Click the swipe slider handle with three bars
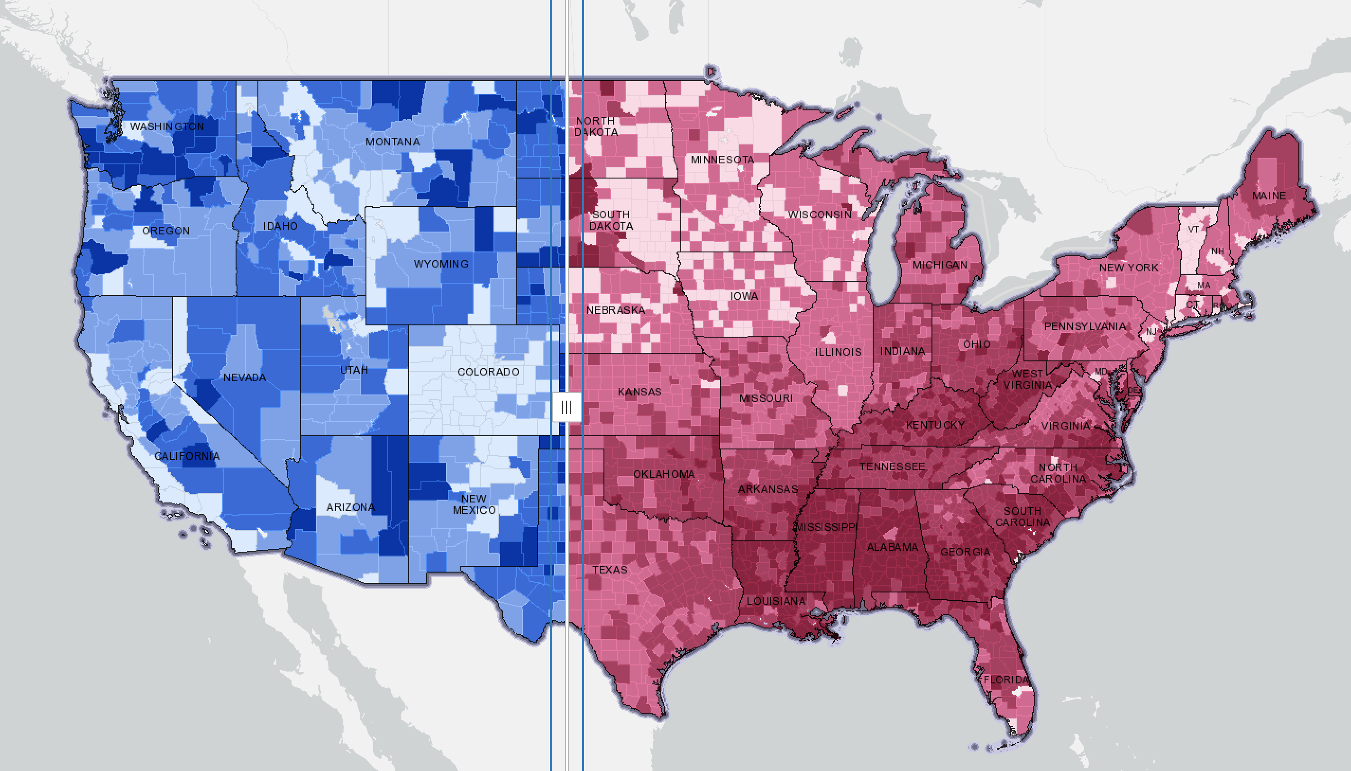click(566, 407)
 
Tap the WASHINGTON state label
click(167, 126)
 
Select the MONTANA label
click(393, 142)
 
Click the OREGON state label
click(166, 231)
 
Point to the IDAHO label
click(280, 226)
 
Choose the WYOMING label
click(441, 264)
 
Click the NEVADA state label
click(244, 377)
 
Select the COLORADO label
click(488, 372)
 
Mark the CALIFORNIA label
click(187, 456)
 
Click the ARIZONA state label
click(350, 507)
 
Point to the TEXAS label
click(610, 570)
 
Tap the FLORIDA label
click(1006, 680)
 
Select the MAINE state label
click(1269, 196)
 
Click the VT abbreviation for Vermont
click(1193, 229)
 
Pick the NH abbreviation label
click(1217, 251)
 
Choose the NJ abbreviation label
click(1150, 332)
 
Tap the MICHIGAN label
click(940, 265)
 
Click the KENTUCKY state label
click(935, 425)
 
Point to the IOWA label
click(744, 296)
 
